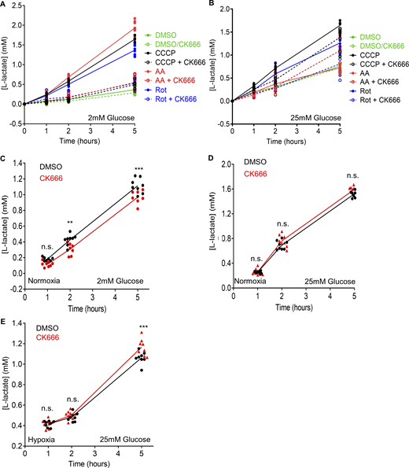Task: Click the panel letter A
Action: pos(6,6)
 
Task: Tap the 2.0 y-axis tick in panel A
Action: pos(24,9)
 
